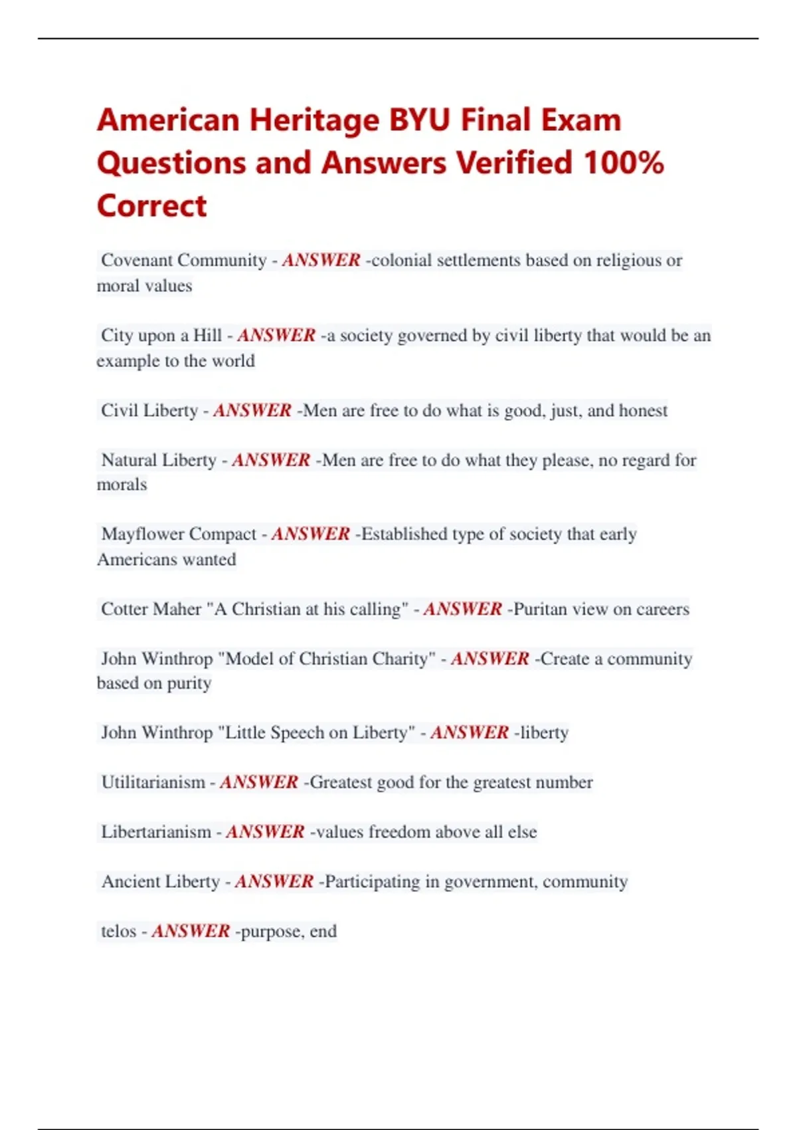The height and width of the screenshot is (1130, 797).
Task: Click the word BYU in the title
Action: (419, 120)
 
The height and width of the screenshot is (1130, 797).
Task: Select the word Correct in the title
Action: (152, 205)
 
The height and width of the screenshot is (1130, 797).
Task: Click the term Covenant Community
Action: (184, 260)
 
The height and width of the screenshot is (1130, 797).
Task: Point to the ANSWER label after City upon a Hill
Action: (276, 335)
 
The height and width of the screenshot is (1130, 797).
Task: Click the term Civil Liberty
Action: (149, 410)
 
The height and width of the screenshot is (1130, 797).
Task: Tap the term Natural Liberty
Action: (159, 460)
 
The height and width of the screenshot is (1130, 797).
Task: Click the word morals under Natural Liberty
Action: (122, 485)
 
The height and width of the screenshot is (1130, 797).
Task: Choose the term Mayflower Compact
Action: (179, 534)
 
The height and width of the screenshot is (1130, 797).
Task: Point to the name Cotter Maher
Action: (151, 609)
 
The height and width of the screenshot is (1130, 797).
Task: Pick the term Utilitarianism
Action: (153, 782)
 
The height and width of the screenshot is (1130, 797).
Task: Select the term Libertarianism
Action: (156, 832)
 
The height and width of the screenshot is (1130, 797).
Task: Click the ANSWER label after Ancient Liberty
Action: (274, 881)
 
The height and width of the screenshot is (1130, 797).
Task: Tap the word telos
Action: (119, 931)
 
